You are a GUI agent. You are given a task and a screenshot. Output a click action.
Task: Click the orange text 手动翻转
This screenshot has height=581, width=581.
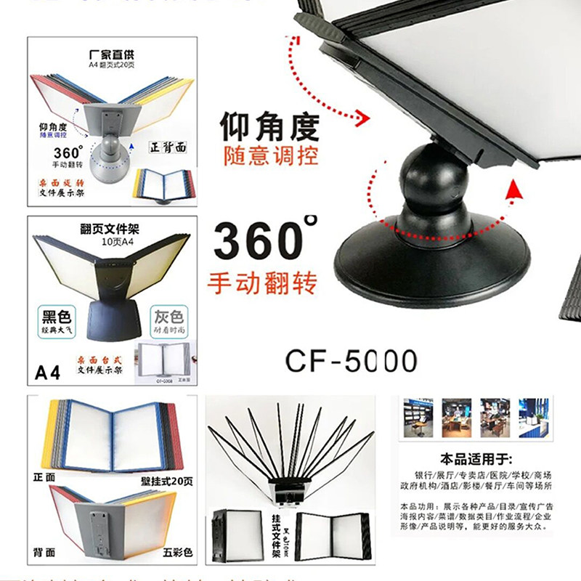pos(262,282)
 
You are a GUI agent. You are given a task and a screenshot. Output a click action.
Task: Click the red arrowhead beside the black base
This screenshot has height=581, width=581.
pos(514,190)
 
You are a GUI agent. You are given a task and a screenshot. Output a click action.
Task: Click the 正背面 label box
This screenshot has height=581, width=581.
pos(171,146)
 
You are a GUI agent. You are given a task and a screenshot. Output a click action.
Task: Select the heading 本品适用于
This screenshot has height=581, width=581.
pos(476,459)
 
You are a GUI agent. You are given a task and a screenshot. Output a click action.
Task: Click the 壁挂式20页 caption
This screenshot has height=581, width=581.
pos(166,480)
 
